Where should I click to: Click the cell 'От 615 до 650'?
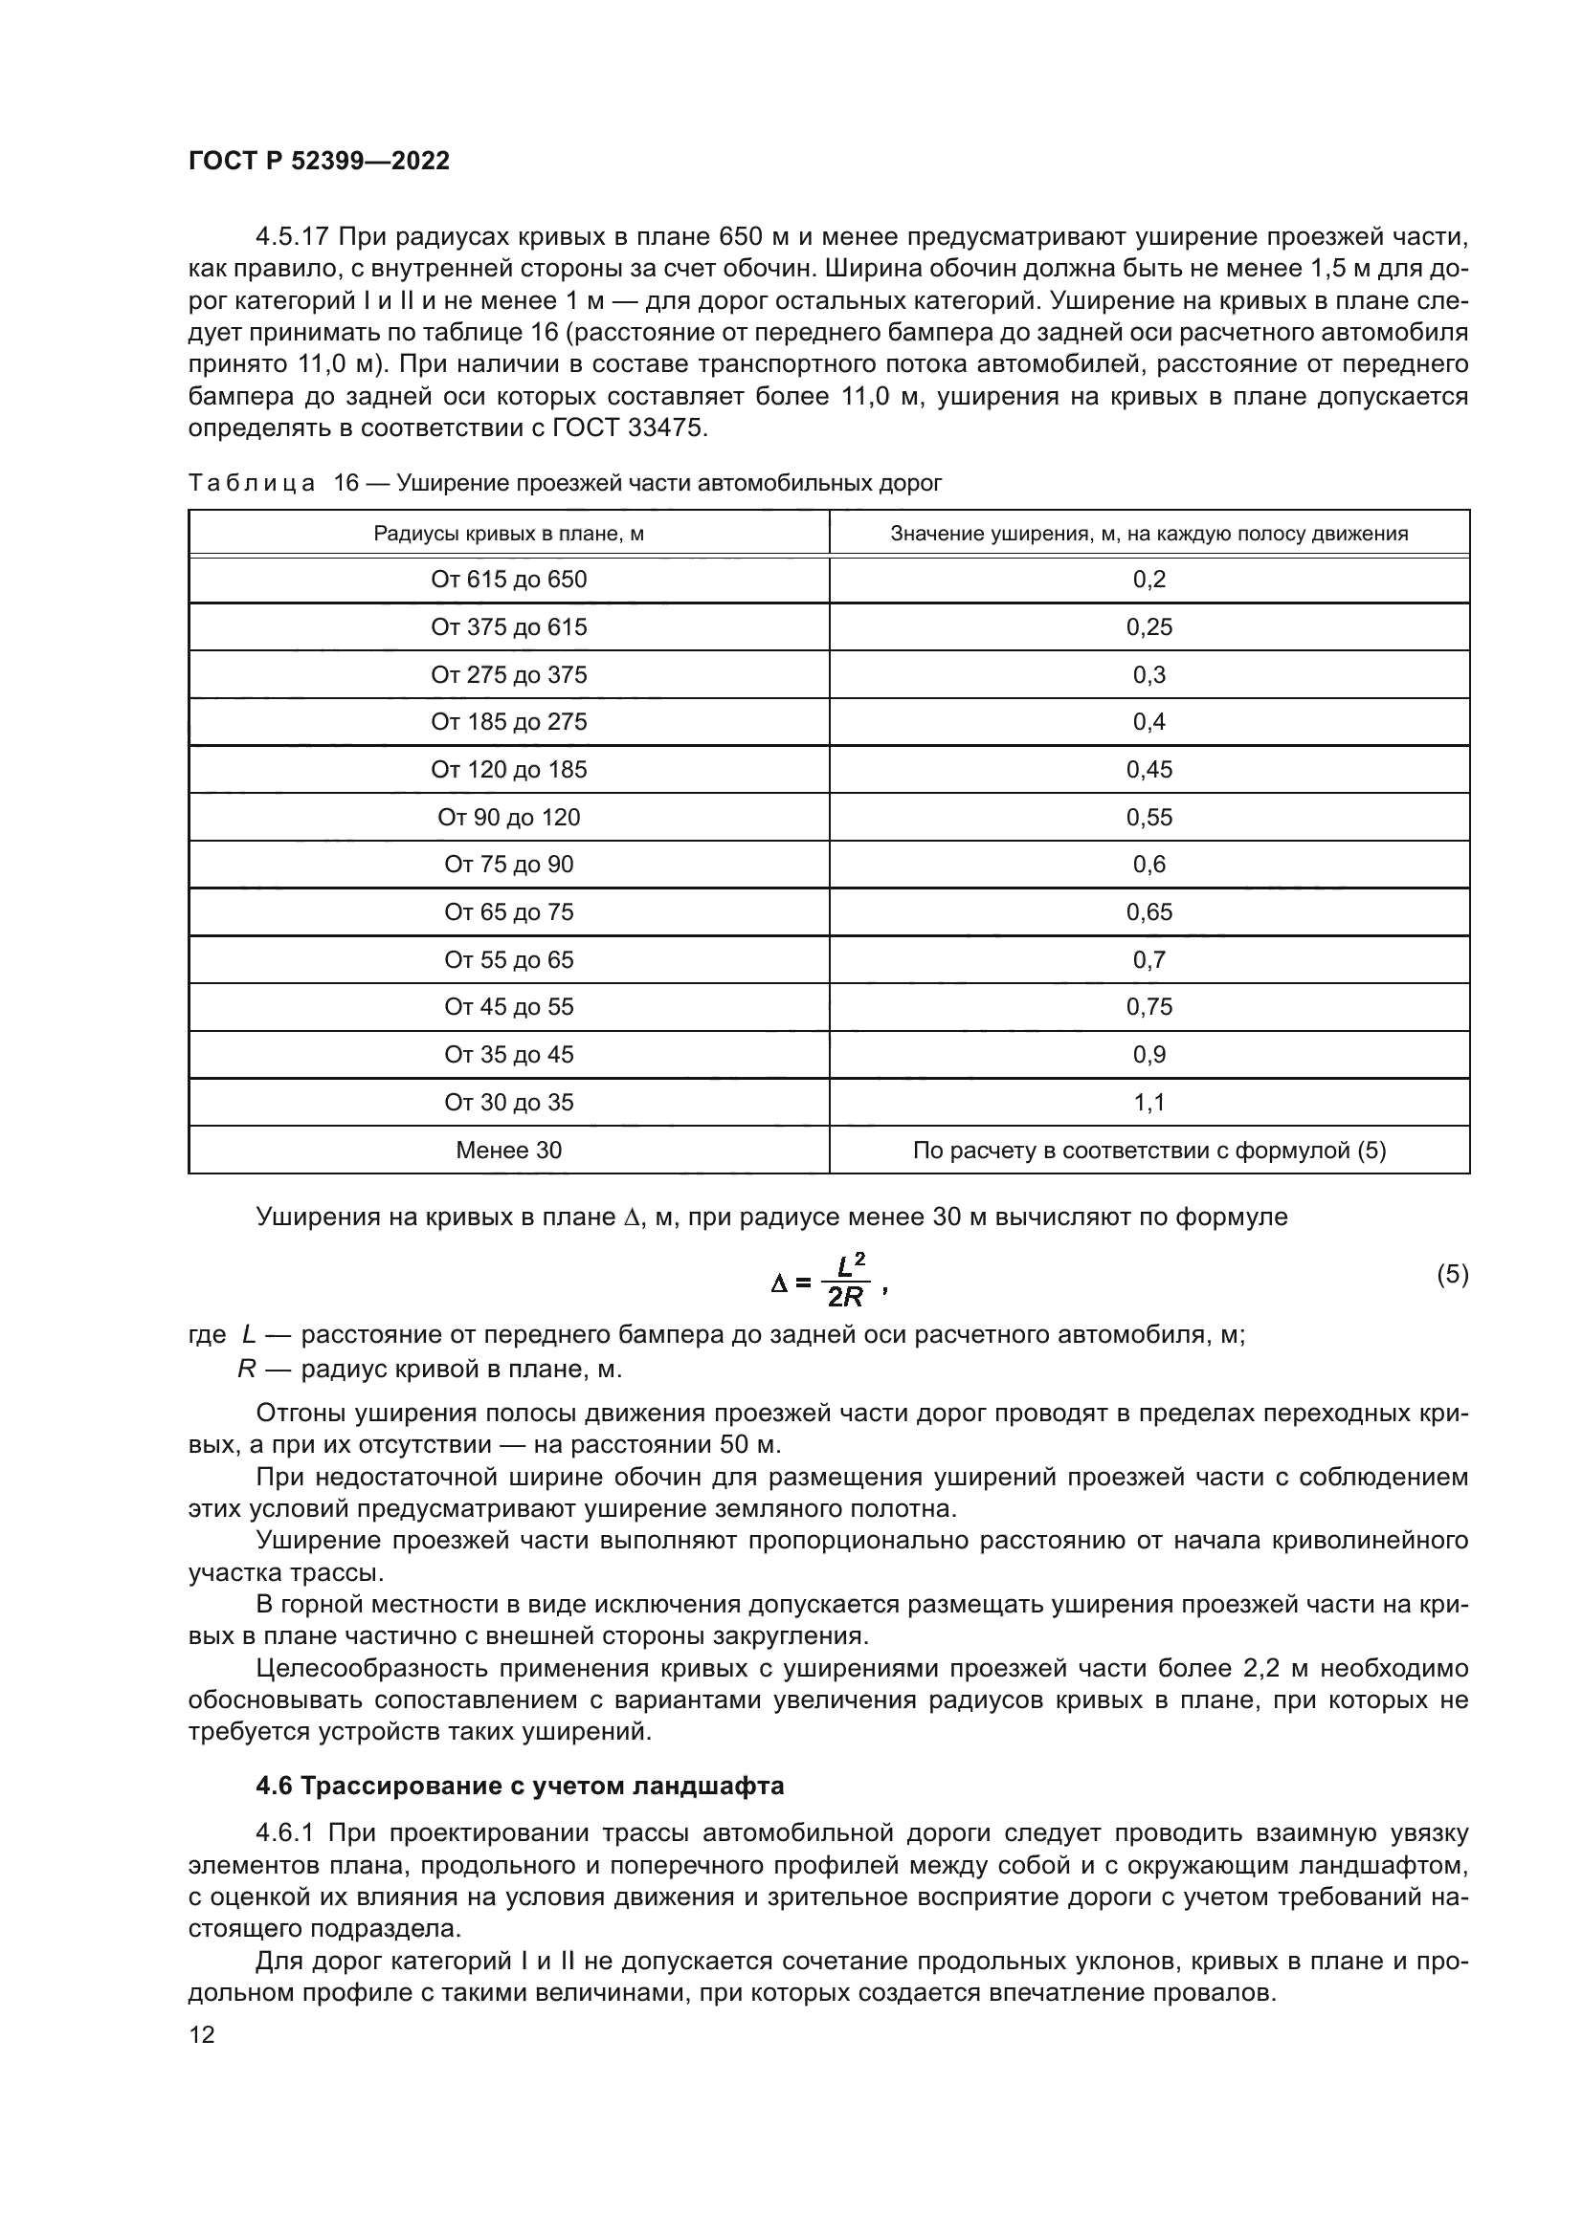[x=509, y=580]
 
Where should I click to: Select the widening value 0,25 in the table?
[x=1149, y=627]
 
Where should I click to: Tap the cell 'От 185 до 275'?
[x=509, y=722]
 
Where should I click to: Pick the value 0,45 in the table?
[x=1149, y=770]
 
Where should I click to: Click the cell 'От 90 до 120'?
[x=509, y=818]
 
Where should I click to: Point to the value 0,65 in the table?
[x=1149, y=913]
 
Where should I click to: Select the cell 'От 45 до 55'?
[x=509, y=1006]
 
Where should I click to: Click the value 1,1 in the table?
[x=1149, y=1103]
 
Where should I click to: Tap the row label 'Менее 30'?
[x=509, y=1151]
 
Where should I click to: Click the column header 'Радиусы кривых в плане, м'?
[x=509, y=534]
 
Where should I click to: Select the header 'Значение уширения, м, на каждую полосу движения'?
[x=1149, y=534]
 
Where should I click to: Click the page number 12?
[x=202, y=2034]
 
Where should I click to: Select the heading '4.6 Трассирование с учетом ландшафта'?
[x=520, y=1787]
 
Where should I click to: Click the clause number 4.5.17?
[x=293, y=238]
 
